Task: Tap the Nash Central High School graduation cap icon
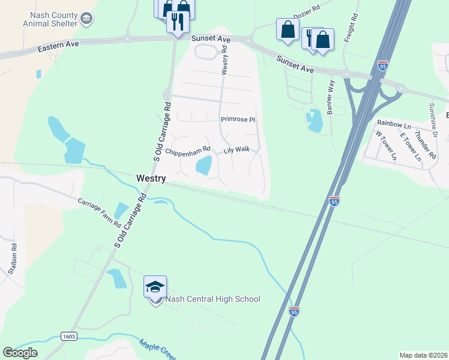click(x=155, y=287)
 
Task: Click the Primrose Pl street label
click(x=238, y=119)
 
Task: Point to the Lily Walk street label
click(x=237, y=150)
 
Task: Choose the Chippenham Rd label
click(x=188, y=149)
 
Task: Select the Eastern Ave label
click(x=58, y=48)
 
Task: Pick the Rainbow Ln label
click(x=393, y=125)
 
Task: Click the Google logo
click(x=20, y=352)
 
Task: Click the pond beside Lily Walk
click(x=203, y=165)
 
